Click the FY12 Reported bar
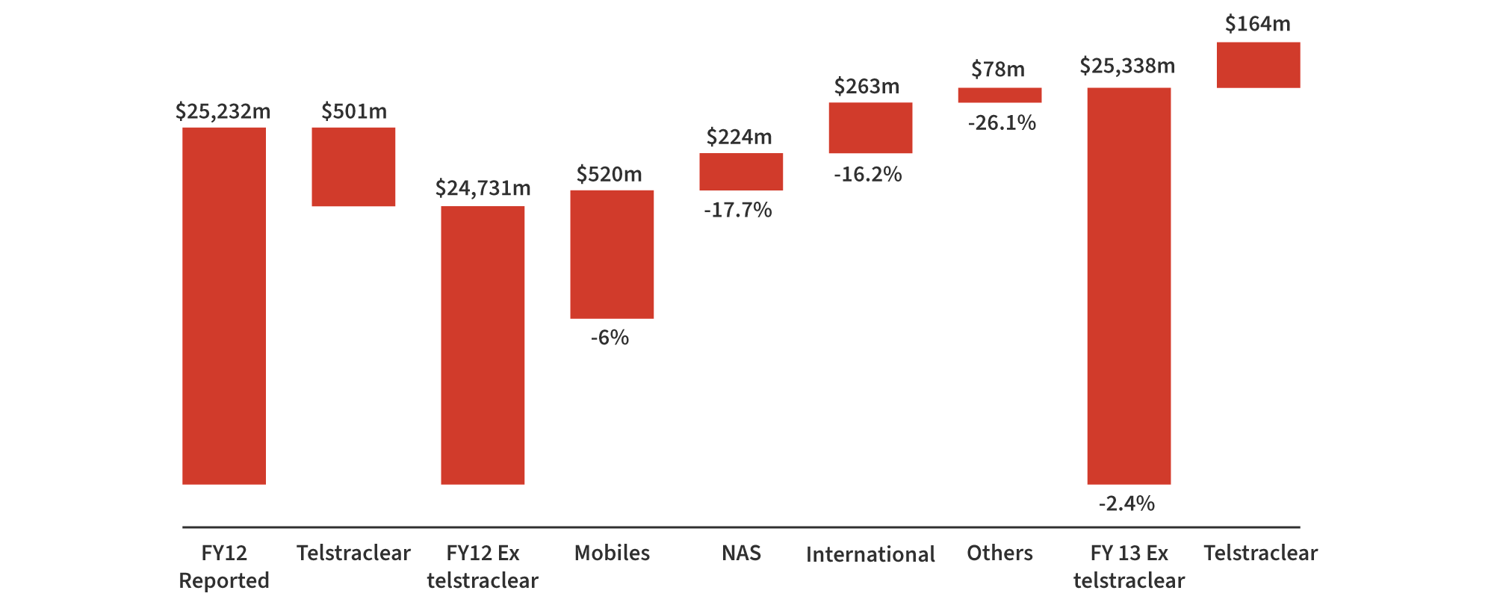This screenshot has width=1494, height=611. click(x=224, y=306)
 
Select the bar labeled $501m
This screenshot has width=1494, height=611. click(x=353, y=167)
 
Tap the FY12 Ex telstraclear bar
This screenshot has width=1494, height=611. click(x=483, y=345)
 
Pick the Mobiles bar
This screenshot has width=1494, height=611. click(x=612, y=255)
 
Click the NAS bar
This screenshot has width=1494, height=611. click(x=741, y=172)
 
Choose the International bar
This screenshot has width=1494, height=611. click(x=870, y=128)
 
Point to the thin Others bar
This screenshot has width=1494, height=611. click(x=999, y=95)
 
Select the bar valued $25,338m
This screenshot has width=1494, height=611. click(x=1129, y=286)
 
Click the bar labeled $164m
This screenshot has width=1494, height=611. click(x=1258, y=65)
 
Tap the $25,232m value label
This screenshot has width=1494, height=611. click(x=223, y=111)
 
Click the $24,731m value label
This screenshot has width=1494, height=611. click(x=483, y=188)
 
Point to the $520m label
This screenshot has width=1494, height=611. click(x=609, y=174)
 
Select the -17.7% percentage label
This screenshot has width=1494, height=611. click(x=738, y=210)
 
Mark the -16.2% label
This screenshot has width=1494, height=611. click(x=868, y=175)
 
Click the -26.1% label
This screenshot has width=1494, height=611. click(x=1002, y=122)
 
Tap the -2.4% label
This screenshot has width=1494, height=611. click(x=1126, y=503)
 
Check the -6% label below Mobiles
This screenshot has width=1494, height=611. click(x=610, y=338)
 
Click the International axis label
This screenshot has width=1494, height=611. click(x=870, y=554)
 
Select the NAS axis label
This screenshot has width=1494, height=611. click(x=741, y=553)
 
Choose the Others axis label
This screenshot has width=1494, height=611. click(x=999, y=553)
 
